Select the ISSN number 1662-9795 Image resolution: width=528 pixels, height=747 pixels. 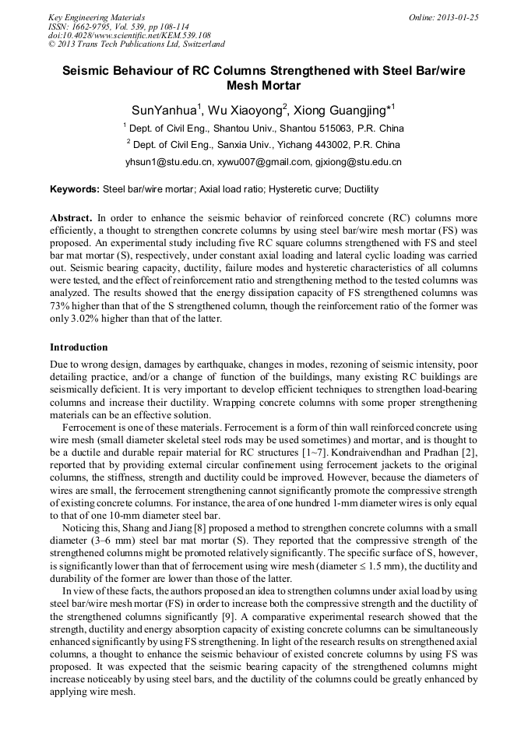coord(92,26)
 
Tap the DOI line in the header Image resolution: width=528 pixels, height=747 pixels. coord(129,35)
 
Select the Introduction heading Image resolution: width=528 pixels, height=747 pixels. coord(79,347)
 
